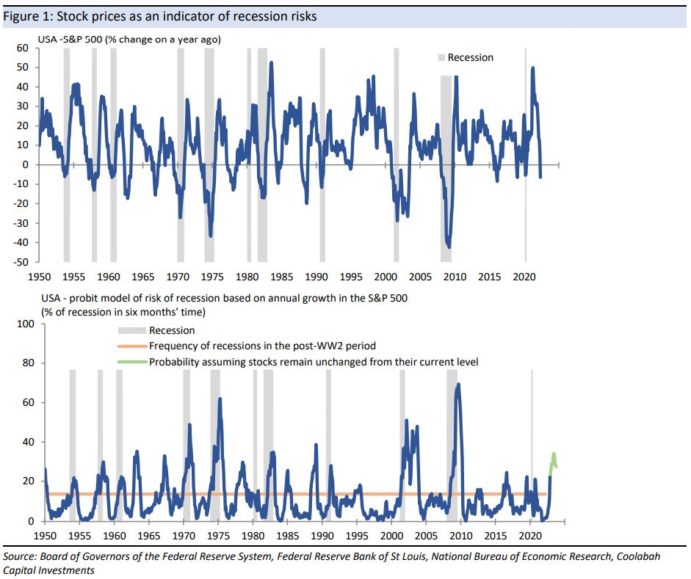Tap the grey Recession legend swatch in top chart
pyautogui.click(x=441, y=57)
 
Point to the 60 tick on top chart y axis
pyautogui.click(x=23, y=48)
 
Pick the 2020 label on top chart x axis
pyautogui.click(x=524, y=277)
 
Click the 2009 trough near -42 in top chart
pyautogui.click(x=449, y=247)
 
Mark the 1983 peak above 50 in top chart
pyautogui.click(x=271, y=63)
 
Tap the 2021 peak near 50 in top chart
pyautogui.click(x=532, y=68)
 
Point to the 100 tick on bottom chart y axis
pyautogui.click(x=26, y=324)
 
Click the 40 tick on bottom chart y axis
pyautogui.click(x=28, y=442)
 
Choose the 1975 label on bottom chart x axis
pyautogui.click(x=218, y=536)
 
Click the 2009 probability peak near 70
pyautogui.click(x=458, y=385)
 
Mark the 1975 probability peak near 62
pyautogui.click(x=220, y=399)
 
